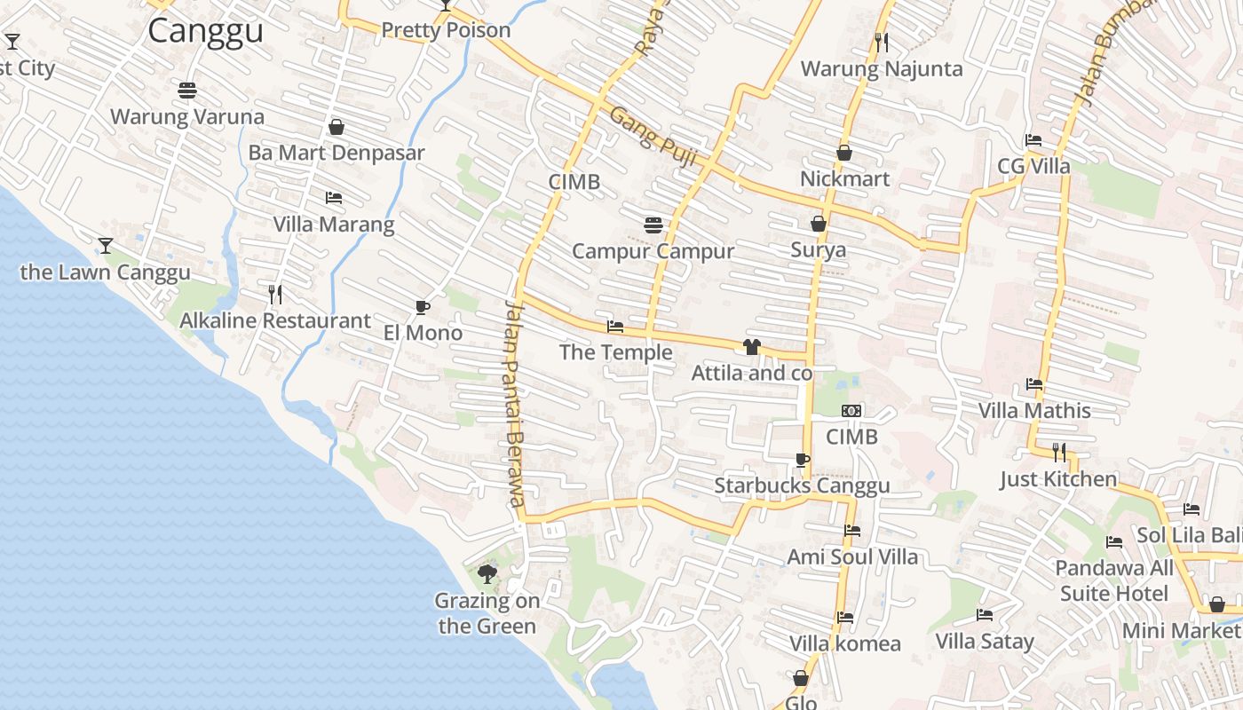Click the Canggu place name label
(x=205, y=31)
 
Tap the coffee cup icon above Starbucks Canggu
(x=802, y=460)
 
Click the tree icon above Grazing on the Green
(x=487, y=573)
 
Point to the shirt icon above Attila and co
(x=752, y=347)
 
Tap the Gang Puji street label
(x=653, y=138)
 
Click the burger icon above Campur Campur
(x=653, y=225)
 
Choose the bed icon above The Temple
(x=614, y=327)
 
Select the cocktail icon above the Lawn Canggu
(x=106, y=245)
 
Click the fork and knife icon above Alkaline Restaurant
(x=275, y=294)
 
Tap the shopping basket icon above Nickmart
(x=844, y=153)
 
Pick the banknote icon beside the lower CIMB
(x=851, y=411)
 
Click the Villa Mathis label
(x=1034, y=411)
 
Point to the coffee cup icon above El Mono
(x=423, y=307)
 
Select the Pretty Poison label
(x=446, y=30)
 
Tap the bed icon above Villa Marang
(x=334, y=197)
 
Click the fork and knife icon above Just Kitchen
(x=1058, y=453)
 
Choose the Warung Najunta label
(x=882, y=68)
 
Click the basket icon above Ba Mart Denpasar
(x=336, y=127)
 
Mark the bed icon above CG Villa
(x=1033, y=140)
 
